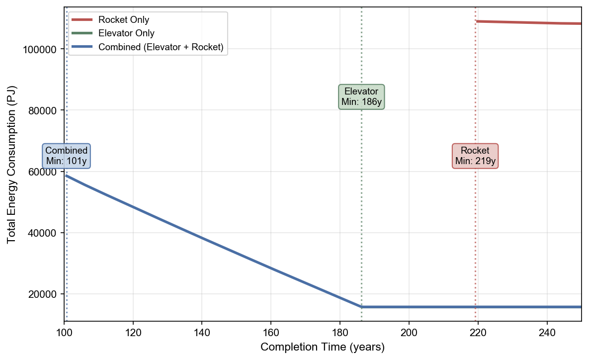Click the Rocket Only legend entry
pyautogui.click(x=124, y=20)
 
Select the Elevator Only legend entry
pyautogui.click(x=126, y=33)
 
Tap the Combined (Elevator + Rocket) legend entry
pyautogui.click(x=161, y=47)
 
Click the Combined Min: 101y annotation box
pyautogui.click(x=67, y=156)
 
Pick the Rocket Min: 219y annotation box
pyautogui.click(x=475, y=156)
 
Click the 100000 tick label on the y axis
pyautogui.click(x=42, y=49)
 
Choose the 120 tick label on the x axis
pyautogui.click(x=133, y=331)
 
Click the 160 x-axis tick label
pyautogui.click(x=271, y=331)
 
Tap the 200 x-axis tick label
pyautogui.click(x=409, y=331)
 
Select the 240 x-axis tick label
pyautogui.click(x=547, y=331)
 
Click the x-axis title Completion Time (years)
pyautogui.click(x=323, y=347)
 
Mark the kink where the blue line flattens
pyautogui.click(x=361, y=307)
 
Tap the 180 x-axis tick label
pyautogui.click(x=339, y=331)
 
